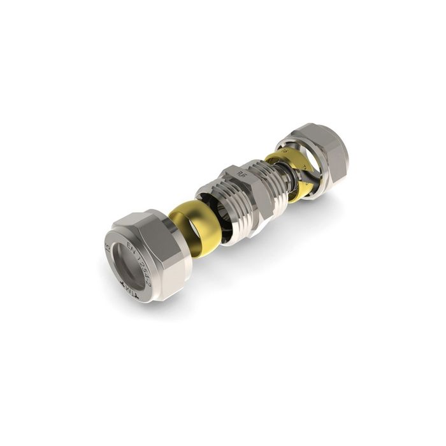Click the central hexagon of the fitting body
tap(245, 188)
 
